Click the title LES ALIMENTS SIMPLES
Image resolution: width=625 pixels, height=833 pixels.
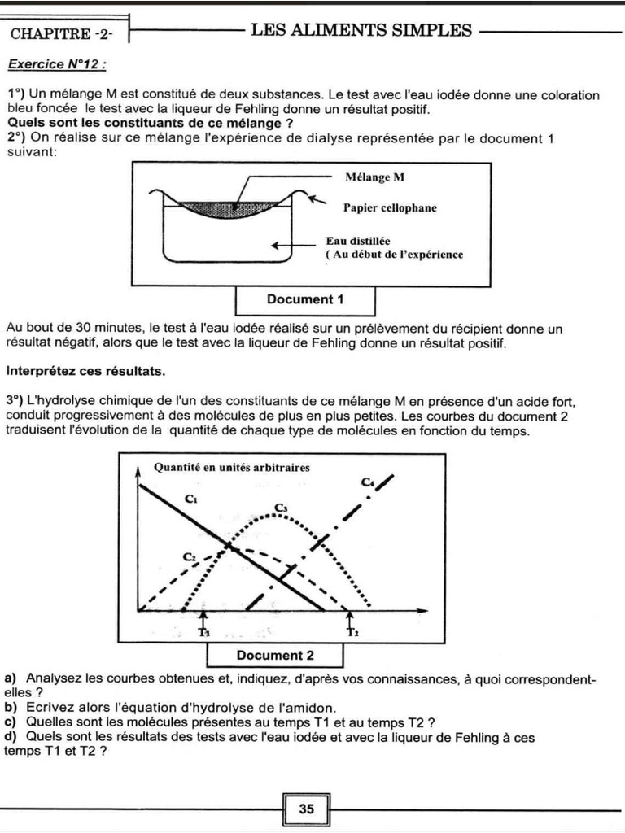(x=361, y=31)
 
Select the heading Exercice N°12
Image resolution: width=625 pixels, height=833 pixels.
(x=56, y=64)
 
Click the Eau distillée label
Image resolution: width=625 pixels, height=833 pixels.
(x=357, y=241)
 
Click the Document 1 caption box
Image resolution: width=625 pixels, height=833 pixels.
(x=305, y=299)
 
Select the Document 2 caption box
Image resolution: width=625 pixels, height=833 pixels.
(x=275, y=655)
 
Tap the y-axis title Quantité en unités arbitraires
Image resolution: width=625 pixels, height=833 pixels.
(x=231, y=467)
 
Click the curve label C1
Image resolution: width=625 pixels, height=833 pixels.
(x=192, y=499)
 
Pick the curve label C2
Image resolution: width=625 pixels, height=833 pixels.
(x=190, y=556)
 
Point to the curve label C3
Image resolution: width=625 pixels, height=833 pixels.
(x=282, y=508)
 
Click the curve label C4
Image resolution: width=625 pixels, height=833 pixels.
(x=368, y=482)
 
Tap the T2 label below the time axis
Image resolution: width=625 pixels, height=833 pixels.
(x=352, y=631)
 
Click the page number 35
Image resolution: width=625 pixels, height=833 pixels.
(x=307, y=809)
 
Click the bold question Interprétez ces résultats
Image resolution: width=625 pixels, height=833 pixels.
(x=85, y=372)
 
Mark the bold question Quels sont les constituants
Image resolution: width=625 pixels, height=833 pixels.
(x=150, y=123)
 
